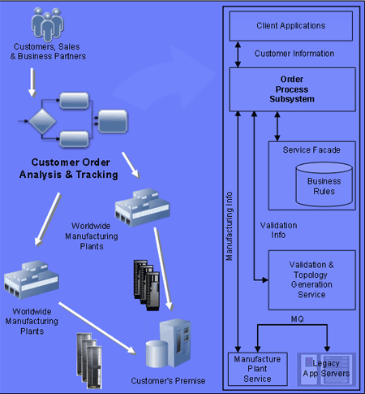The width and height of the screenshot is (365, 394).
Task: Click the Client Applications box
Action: [x=291, y=26]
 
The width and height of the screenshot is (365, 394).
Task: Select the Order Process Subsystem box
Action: [x=292, y=89]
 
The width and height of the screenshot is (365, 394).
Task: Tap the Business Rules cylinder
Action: [x=324, y=184]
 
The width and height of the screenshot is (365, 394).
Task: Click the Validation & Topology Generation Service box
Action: [x=311, y=280]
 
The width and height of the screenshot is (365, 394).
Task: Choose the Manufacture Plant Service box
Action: [x=257, y=369]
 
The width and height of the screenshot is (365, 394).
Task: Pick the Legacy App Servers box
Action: [x=326, y=369]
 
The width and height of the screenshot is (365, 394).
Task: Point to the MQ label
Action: [x=298, y=319]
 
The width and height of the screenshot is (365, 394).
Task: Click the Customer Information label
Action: [x=294, y=54]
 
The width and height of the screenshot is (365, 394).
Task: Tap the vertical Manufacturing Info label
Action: [x=230, y=227]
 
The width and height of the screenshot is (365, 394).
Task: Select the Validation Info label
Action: [x=278, y=230]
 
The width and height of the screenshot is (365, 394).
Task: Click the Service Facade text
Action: [x=311, y=150]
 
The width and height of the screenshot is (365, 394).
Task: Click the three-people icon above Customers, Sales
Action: [x=48, y=24]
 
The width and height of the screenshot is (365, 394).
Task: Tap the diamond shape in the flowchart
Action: [x=42, y=121]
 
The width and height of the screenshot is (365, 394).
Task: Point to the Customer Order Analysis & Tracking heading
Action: [x=69, y=168]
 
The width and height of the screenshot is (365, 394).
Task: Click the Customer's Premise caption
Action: [x=168, y=381]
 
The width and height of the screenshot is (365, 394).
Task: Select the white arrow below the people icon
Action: [x=32, y=82]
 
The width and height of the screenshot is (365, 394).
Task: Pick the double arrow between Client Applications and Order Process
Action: [x=238, y=54]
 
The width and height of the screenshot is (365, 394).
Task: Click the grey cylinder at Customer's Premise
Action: [x=157, y=353]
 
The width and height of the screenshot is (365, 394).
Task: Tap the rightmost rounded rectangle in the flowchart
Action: [x=113, y=121]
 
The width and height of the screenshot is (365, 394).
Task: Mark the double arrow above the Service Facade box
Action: [x=277, y=127]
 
